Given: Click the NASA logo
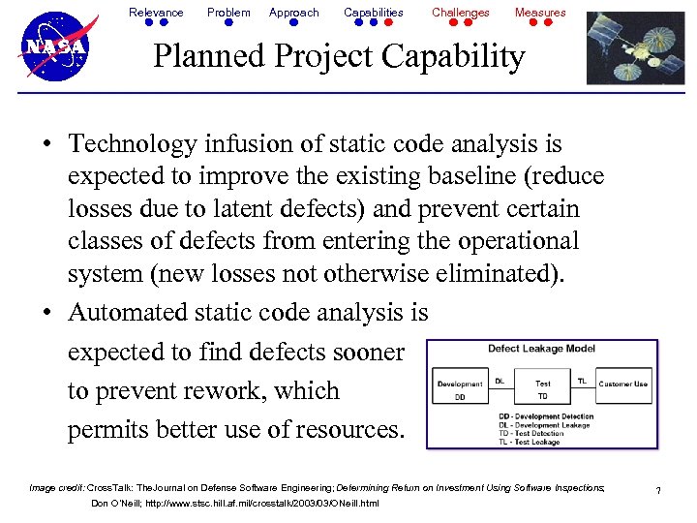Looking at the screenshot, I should click(x=55, y=46).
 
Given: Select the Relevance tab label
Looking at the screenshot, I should click(x=156, y=13).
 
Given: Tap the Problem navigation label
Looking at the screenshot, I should click(x=228, y=13).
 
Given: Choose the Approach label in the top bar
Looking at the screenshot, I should click(x=293, y=13).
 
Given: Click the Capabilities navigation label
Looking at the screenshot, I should click(x=374, y=13).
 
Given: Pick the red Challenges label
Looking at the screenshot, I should click(x=461, y=13).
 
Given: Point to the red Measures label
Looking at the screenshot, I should click(x=540, y=13).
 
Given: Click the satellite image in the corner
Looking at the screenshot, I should click(x=636, y=47).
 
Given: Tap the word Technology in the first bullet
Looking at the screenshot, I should click(x=131, y=144).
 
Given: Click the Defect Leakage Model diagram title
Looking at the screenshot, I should click(x=541, y=349).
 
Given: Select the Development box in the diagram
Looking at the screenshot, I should click(x=461, y=385).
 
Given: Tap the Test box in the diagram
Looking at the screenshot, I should click(x=543, y=385).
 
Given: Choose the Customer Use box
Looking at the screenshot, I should click(x=623, y=385).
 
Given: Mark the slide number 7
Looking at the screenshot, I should click(x=658, y=492).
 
